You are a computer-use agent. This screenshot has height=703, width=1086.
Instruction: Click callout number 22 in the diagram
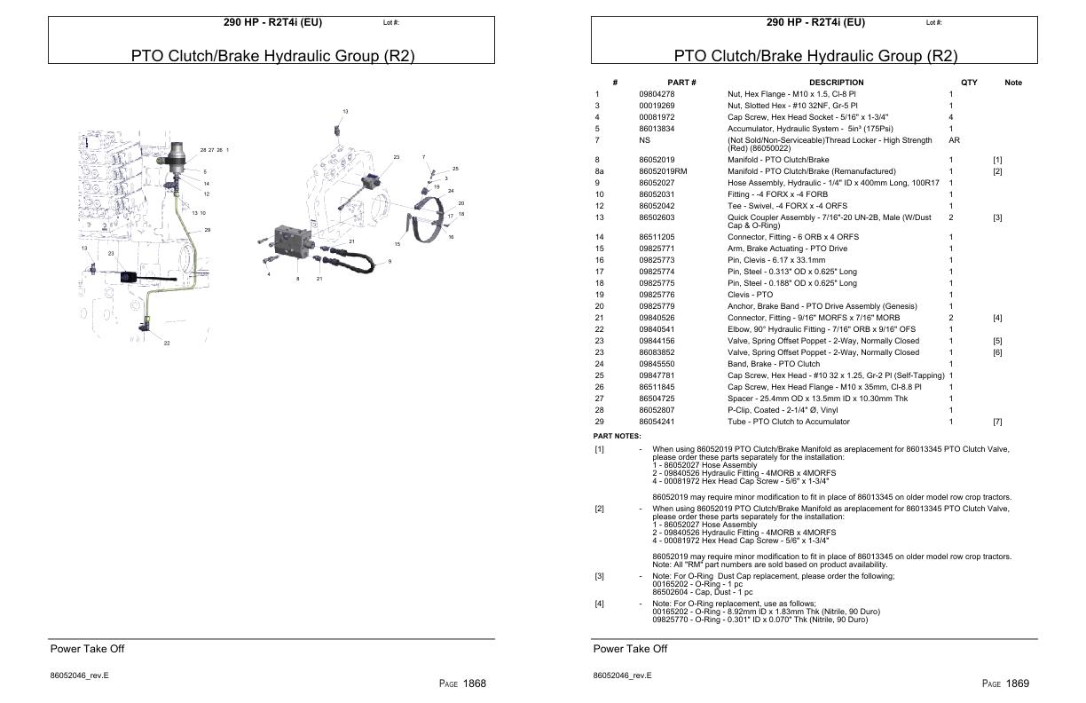(166, 344)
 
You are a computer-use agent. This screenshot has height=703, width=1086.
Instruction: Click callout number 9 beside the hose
(390, 261)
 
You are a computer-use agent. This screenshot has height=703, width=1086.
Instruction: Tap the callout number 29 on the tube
(207, 230)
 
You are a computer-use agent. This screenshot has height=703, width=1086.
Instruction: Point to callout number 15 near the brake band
(397, 244)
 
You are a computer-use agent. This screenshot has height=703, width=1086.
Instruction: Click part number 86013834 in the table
(657, 129)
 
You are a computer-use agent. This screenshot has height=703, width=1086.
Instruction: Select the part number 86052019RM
(663, 171)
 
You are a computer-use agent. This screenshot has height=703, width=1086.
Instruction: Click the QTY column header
(969, 83)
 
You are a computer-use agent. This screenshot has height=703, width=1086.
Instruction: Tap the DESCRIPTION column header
(836, 83)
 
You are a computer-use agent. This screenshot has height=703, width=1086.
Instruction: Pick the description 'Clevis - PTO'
(750, 295)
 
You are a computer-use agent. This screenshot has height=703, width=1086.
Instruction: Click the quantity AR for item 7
(954, 140)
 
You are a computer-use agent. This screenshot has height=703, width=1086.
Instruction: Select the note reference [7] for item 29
(997, 422)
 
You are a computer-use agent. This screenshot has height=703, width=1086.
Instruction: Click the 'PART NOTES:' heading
(617, 436)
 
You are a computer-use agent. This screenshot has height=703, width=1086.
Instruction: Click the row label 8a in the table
(599, 171)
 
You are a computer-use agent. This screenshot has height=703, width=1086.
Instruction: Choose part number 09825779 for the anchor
(657, 306)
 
